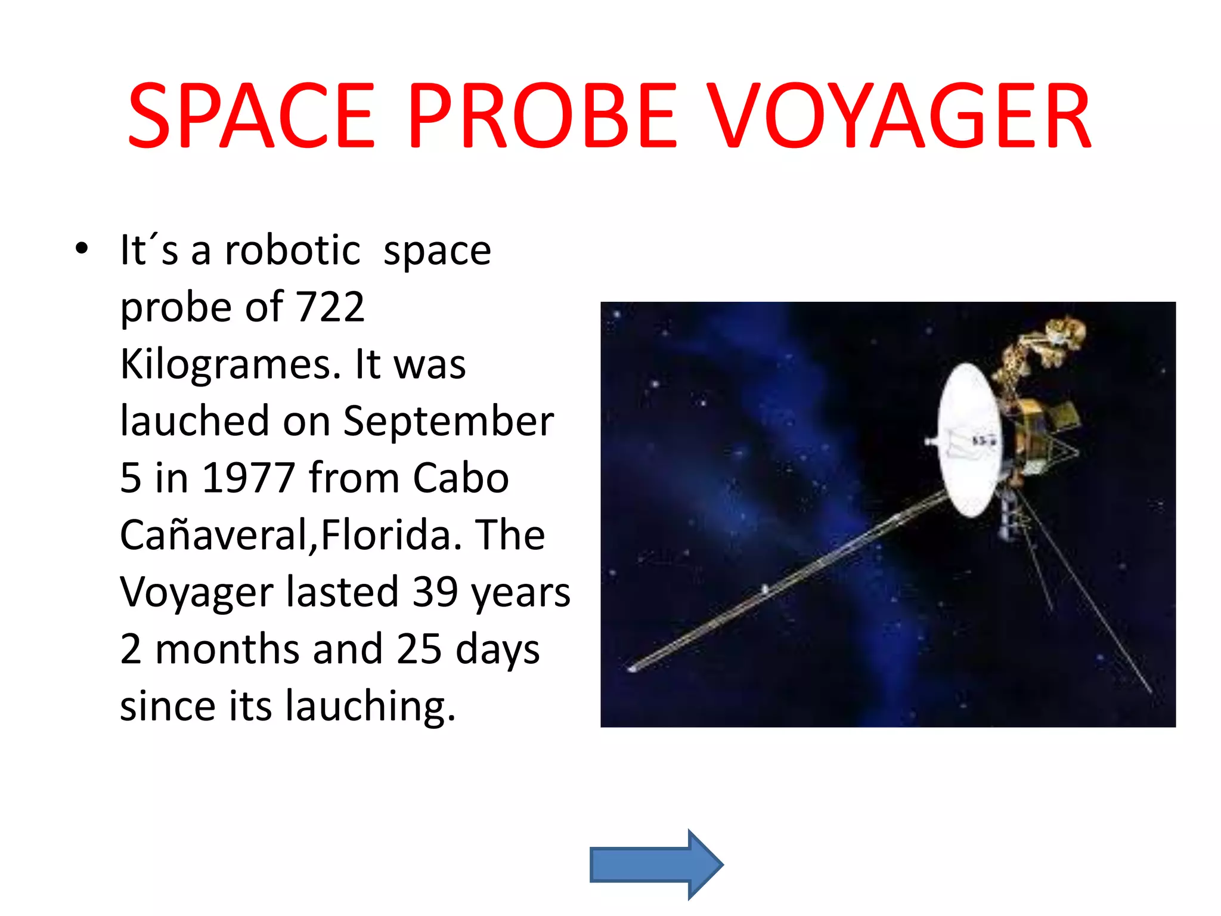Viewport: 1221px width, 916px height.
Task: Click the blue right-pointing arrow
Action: (656, 864)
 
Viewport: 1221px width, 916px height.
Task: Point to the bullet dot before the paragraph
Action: (82, 248)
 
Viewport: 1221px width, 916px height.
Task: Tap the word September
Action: (448, 422)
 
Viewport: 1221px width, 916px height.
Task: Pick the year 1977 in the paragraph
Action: (249, 478)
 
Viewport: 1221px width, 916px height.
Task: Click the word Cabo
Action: (461, 478)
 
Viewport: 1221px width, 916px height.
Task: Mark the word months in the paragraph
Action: (227, 649)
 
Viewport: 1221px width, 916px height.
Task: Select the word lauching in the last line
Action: (370, 706)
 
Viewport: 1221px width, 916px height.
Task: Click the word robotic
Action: (292, 250)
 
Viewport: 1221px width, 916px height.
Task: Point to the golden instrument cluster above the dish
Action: (1049, 346)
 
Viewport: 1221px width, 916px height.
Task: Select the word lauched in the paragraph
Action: (195, 422)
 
